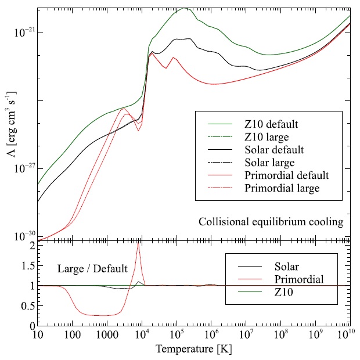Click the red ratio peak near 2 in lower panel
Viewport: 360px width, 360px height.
(x=138, y=244)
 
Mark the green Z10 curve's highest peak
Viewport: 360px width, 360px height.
(x=185, y=8)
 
